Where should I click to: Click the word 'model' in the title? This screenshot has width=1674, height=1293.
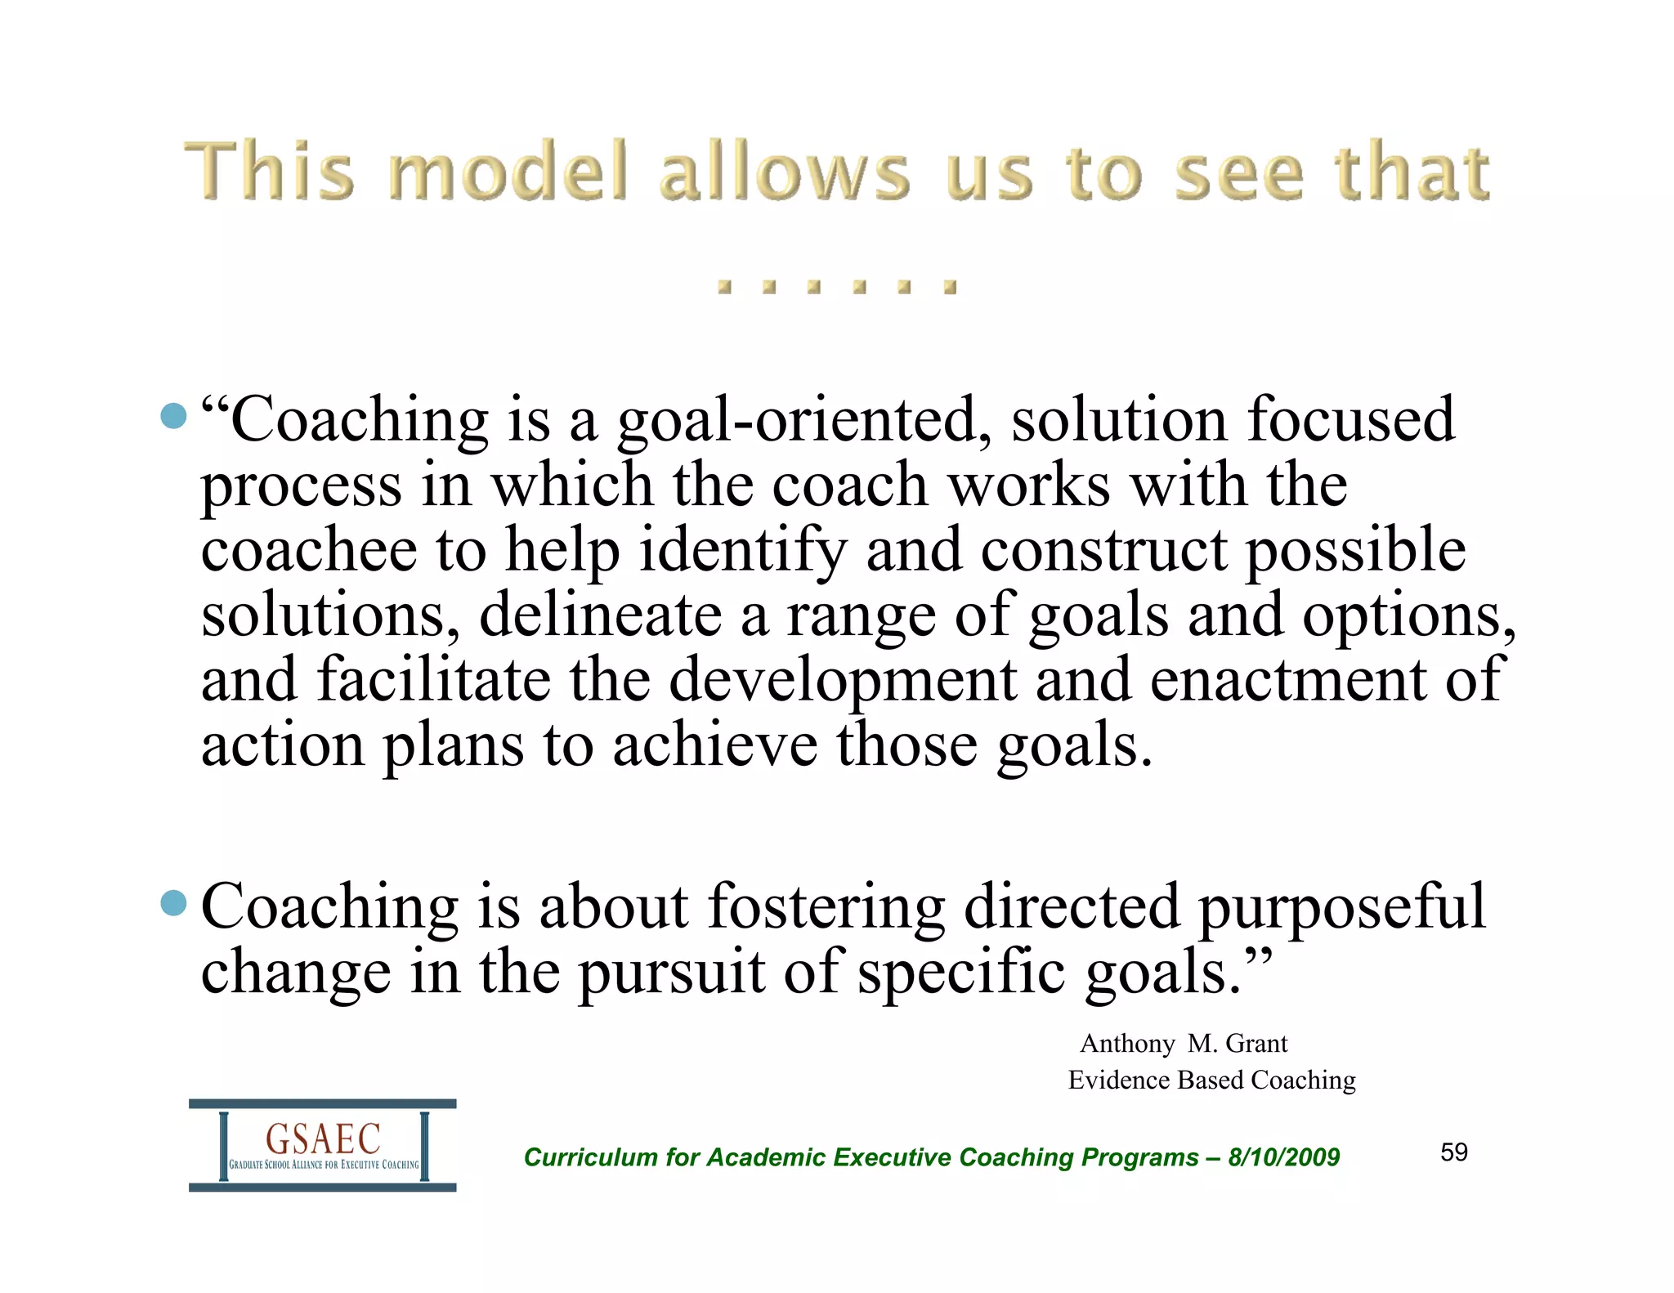[508, 172]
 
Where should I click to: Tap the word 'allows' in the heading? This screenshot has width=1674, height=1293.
[785, 172]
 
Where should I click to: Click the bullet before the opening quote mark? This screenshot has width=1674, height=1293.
[173, 416]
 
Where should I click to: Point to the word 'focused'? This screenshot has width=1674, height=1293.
[1350, 419]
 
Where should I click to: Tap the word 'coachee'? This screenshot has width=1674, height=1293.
[309, 549]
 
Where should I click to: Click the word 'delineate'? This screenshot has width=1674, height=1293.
[600, 615]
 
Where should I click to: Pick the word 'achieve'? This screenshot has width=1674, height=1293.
[715, 745]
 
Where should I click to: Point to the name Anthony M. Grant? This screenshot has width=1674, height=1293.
[1184, 1044]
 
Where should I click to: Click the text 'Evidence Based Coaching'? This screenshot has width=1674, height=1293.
[1211, 1080]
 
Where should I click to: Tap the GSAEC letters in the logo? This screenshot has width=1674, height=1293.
[323, 1139]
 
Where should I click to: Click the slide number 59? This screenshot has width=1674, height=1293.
[1454, 1152]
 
